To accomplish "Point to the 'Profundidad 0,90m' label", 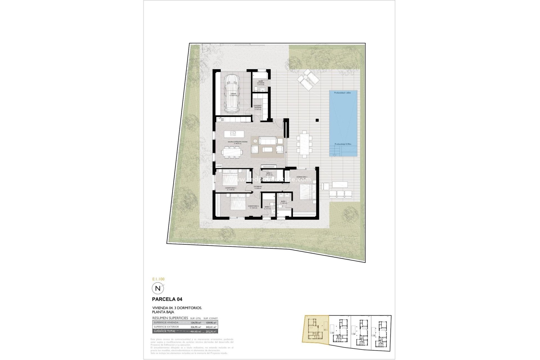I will click(x=343, y=144).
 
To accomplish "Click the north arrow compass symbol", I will click(x=158, y=288).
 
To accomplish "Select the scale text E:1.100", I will click(x=158, y=279).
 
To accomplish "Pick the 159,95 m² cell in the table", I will click(x=211, y=323).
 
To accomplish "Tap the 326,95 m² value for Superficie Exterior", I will click(x=196, y=327).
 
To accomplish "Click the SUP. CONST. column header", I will click(x=211, y=318).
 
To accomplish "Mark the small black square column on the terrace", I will click(x=317, y=120).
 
